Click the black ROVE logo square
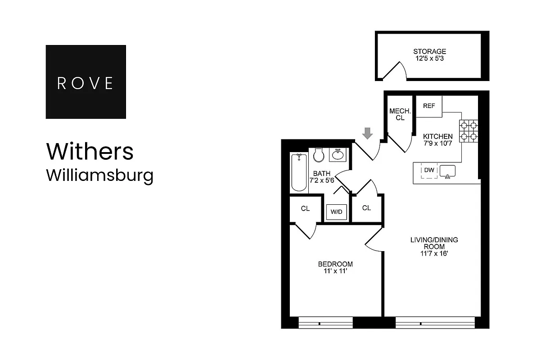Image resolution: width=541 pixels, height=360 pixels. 86,82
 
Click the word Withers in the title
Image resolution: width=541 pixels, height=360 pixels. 90,152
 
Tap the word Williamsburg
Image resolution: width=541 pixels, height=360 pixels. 99,175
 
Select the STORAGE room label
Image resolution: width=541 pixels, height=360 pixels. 429,51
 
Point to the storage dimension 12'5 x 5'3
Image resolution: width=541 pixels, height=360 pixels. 429,58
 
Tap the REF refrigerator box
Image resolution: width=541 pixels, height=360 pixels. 429,106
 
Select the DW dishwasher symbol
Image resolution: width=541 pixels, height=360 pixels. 429,170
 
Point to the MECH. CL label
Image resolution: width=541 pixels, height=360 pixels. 398,114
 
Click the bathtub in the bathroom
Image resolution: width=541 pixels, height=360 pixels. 299,172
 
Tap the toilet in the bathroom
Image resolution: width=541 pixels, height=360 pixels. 319,155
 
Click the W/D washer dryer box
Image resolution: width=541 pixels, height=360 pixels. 336,211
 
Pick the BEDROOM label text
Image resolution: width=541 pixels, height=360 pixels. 335,264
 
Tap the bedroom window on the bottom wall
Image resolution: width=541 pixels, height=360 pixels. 325,323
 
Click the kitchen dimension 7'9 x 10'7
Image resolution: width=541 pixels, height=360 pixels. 437,143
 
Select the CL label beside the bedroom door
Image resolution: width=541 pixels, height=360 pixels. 305,209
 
